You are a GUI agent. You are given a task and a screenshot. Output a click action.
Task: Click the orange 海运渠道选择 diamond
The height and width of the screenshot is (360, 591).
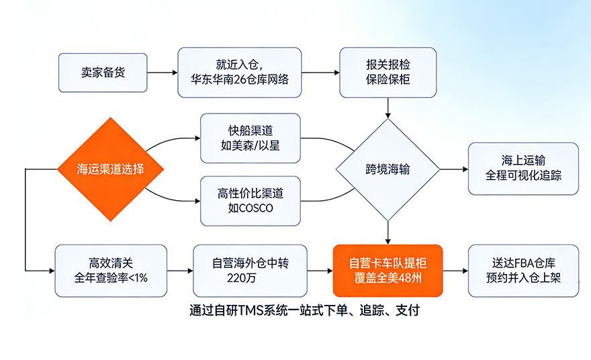(110, 169)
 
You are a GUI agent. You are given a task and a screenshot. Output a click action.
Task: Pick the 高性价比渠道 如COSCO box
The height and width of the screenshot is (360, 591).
(251, 200)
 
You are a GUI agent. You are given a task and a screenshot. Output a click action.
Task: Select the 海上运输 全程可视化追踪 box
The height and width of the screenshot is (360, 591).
(523, 169)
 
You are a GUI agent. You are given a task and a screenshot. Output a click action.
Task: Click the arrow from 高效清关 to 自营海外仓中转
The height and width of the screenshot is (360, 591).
(179, 271)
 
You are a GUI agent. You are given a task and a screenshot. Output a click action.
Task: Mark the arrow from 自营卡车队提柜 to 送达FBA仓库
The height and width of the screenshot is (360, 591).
(455, 271)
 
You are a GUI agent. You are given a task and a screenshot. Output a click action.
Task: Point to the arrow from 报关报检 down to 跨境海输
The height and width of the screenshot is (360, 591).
(388, 106)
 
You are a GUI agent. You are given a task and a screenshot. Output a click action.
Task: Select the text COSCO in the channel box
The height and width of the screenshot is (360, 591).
(256, 208)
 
